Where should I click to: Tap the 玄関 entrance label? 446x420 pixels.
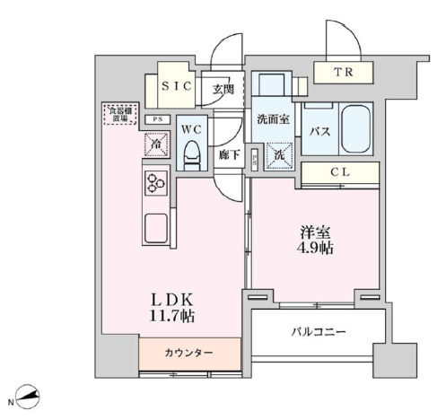pyautogui.click(x=223, y=90)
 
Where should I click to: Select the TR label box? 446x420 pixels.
pyautogui.click(x=344, y=74)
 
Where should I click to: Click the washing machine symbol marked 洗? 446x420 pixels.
pyautogui.click(x=280, y=155)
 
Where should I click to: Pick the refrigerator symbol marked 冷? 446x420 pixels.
pyautogui.click(x=154, y=142)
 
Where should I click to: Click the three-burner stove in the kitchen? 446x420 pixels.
pyautogui.click(x=156, y=183)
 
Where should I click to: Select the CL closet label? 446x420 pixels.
pyautogui.click(x=338, y=173)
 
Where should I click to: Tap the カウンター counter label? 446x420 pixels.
pyautogui.click(x=190, y=353)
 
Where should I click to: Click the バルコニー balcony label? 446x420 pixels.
pyautogui.click(x=319, y=332)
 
